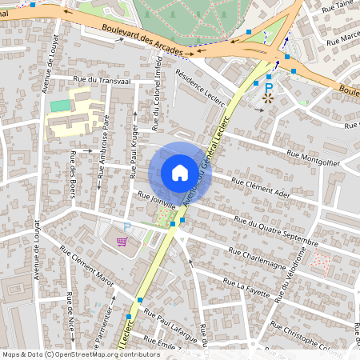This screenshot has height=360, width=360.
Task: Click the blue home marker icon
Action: click(x=180, y=173)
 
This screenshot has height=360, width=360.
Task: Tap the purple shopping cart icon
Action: click(x=122, y=242)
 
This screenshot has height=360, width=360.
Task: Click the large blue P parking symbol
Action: click(x=270, y=86)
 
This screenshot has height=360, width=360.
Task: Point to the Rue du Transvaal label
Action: click(x=101, y=80)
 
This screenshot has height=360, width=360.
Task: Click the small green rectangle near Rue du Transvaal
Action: click(x=60, y=106)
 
